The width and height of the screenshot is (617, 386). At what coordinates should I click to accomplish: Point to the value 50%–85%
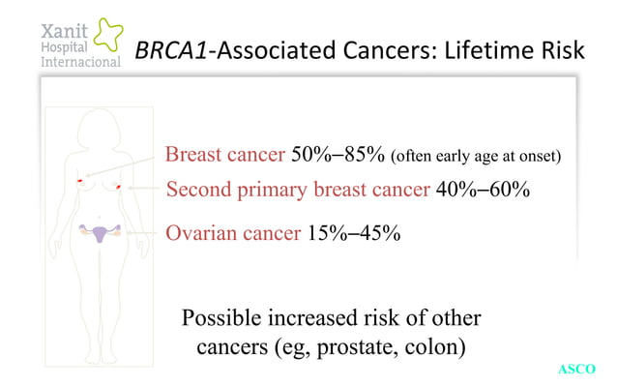[338, 155]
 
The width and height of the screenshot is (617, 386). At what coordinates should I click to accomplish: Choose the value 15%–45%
[352, 233]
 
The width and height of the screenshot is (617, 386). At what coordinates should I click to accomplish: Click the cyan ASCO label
[578, 369]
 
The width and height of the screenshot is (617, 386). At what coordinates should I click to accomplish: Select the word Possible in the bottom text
[226, 318]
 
